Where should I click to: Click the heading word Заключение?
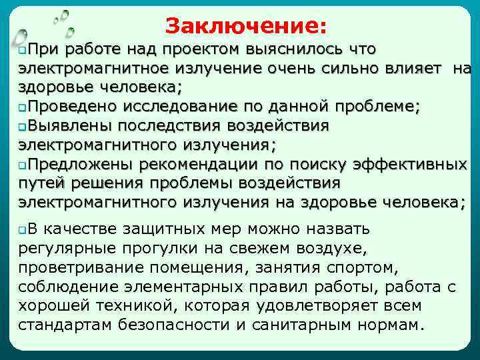(246, 26)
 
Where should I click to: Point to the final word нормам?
(389, 325)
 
